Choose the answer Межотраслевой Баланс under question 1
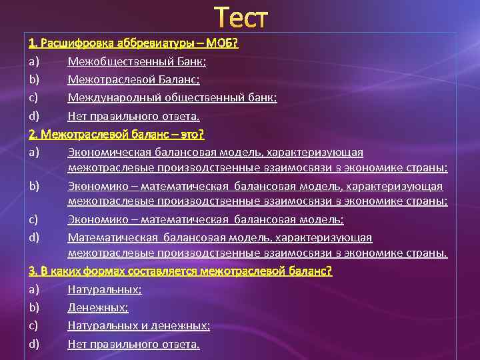[x=133, y=79]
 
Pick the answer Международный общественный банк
[x=172, y=97]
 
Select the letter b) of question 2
[x=34, y=185]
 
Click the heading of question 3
[x=180, y=271]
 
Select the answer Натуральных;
[x=105, y=289]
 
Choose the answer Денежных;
[x=98, y=307]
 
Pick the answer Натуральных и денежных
[x=139, y=325]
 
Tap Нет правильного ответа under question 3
[x=133, y=344]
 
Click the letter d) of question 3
[x=34, y=344]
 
